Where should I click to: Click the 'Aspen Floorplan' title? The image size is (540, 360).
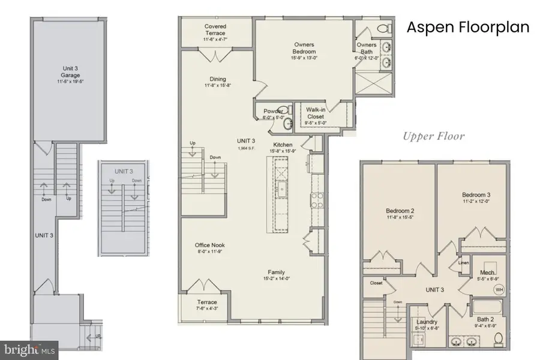[x=468, y=28]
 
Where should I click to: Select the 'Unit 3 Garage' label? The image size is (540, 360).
[x=71, y=72]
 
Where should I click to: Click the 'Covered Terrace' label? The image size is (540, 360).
[x=215, y=31]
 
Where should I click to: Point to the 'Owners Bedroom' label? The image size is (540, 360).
[x=304, y=48]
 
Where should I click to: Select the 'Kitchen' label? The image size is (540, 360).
[x=283, y=145]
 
